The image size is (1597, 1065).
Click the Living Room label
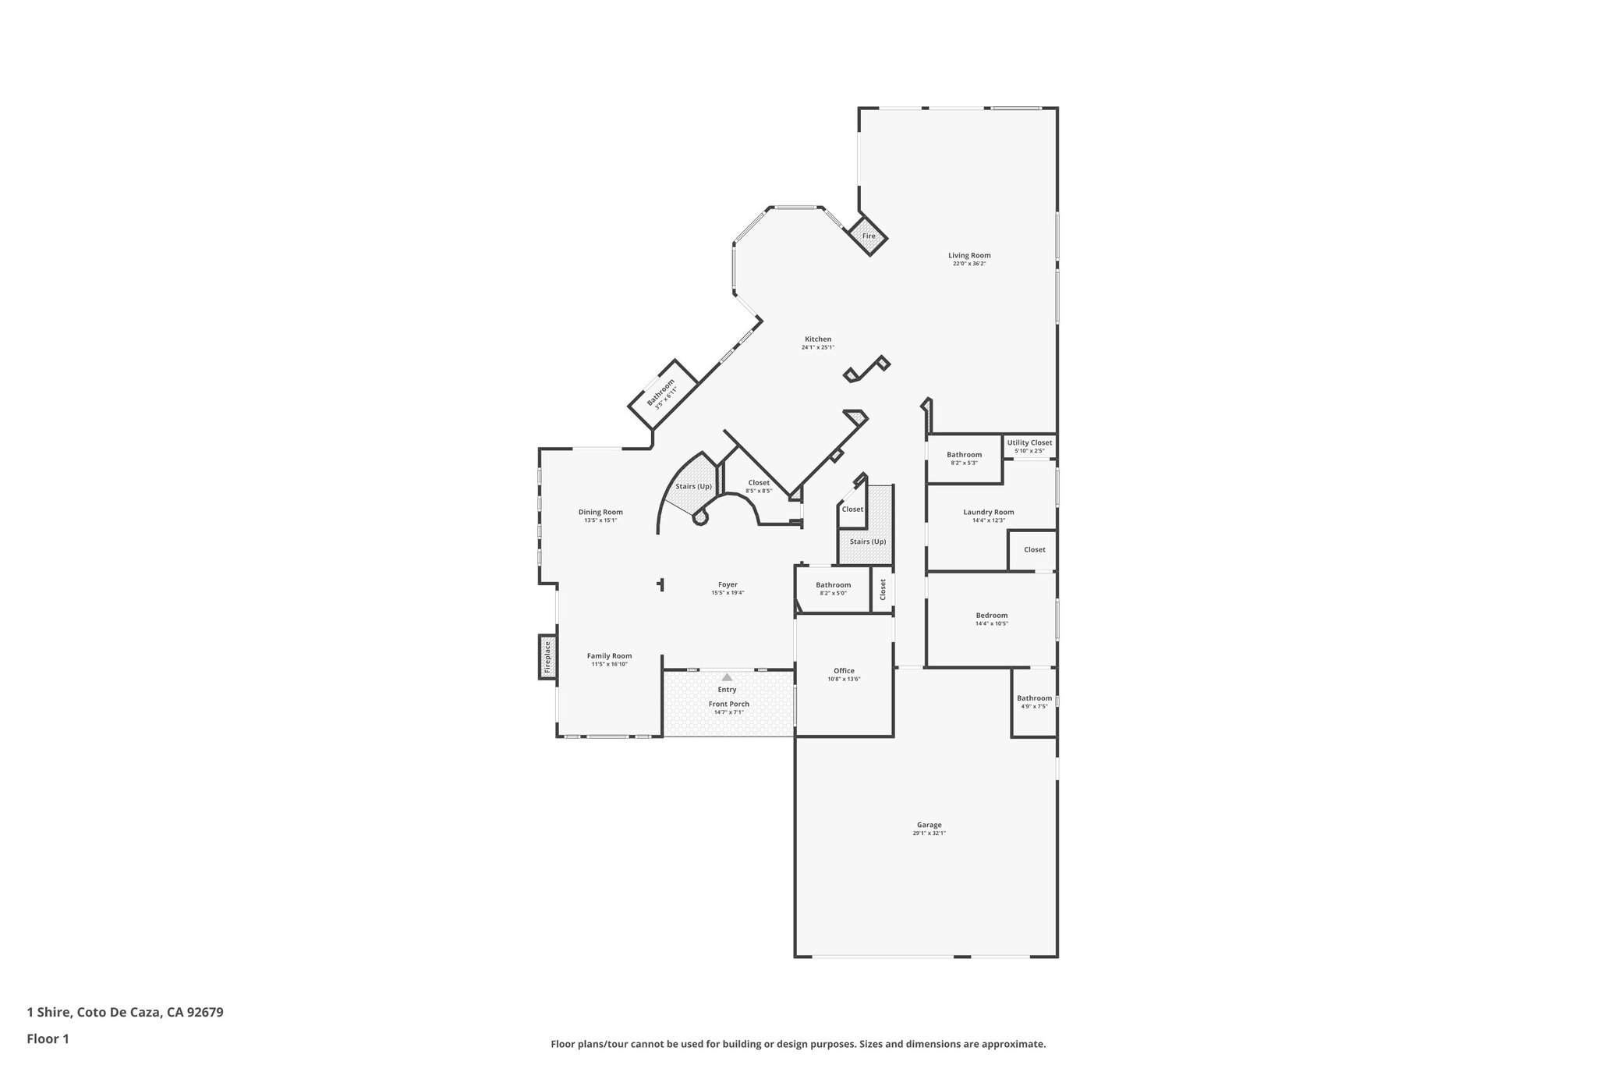click(969, 255)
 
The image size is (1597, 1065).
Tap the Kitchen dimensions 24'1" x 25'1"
click(818, 347)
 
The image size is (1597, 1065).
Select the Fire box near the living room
click(869, 236)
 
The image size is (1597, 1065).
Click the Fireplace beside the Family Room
click(547, 656)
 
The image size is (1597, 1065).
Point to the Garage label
click(929, 825)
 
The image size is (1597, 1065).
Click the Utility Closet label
click(1029, 442)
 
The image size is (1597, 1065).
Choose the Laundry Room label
click(988, 512)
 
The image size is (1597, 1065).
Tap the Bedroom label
click(991, 615)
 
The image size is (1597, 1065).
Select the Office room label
click(844, 670)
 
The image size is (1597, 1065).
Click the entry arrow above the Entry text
click(727, 677)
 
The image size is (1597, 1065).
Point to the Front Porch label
click(728, 704)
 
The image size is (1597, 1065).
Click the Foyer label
click(728, 584)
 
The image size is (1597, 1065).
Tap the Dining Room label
click(600, 512)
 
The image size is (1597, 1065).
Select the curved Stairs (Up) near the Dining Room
click(693, 486)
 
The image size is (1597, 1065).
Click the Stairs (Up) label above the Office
click(867, 541)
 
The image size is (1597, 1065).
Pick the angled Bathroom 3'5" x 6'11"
click(661, 392)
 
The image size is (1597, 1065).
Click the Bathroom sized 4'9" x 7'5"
click(1034, 701)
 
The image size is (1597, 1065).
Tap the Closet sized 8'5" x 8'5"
click(759, 486)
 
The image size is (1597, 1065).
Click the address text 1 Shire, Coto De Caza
click(126, 1012)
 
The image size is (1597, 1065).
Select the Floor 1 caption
click(48, 1038)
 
